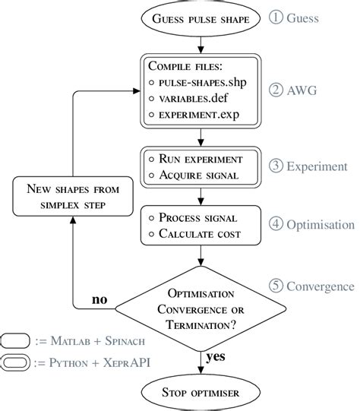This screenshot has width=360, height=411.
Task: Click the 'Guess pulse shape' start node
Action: pyautogui.click(x=200, y=17)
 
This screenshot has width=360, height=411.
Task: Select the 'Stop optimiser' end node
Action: pyautogui.click(x=200, y=394)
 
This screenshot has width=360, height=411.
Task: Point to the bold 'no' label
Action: pyautogui.click(x=99, y=301)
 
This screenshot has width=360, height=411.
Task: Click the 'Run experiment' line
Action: pyautogui.click(x=200, y=159)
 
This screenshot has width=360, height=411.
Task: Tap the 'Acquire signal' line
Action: pyautogui.click(x=200, y=177)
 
